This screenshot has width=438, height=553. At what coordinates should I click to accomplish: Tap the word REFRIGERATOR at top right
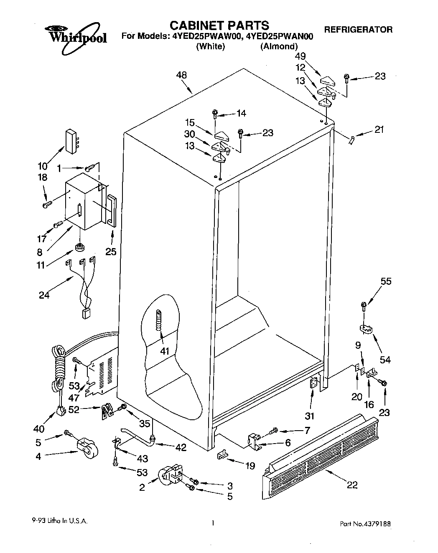click(x=358, y=30)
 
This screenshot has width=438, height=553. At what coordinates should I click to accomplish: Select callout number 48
click(x=181, y=75)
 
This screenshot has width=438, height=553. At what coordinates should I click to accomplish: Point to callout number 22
click(x=352, y=485)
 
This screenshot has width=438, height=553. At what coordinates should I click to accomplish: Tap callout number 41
click(x=165, y=351)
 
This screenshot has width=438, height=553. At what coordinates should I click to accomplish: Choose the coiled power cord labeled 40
click(x=59, y=368)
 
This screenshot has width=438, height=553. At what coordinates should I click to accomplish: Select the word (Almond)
click(x=279, y=46)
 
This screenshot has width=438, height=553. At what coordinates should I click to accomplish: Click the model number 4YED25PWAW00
click(x=206, y=36)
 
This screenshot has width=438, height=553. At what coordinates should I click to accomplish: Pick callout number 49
click(x=300, y=56)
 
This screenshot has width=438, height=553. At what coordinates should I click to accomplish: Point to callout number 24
click(x=44, y=295)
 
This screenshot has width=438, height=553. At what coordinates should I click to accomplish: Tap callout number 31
click(x=310, y=416)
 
